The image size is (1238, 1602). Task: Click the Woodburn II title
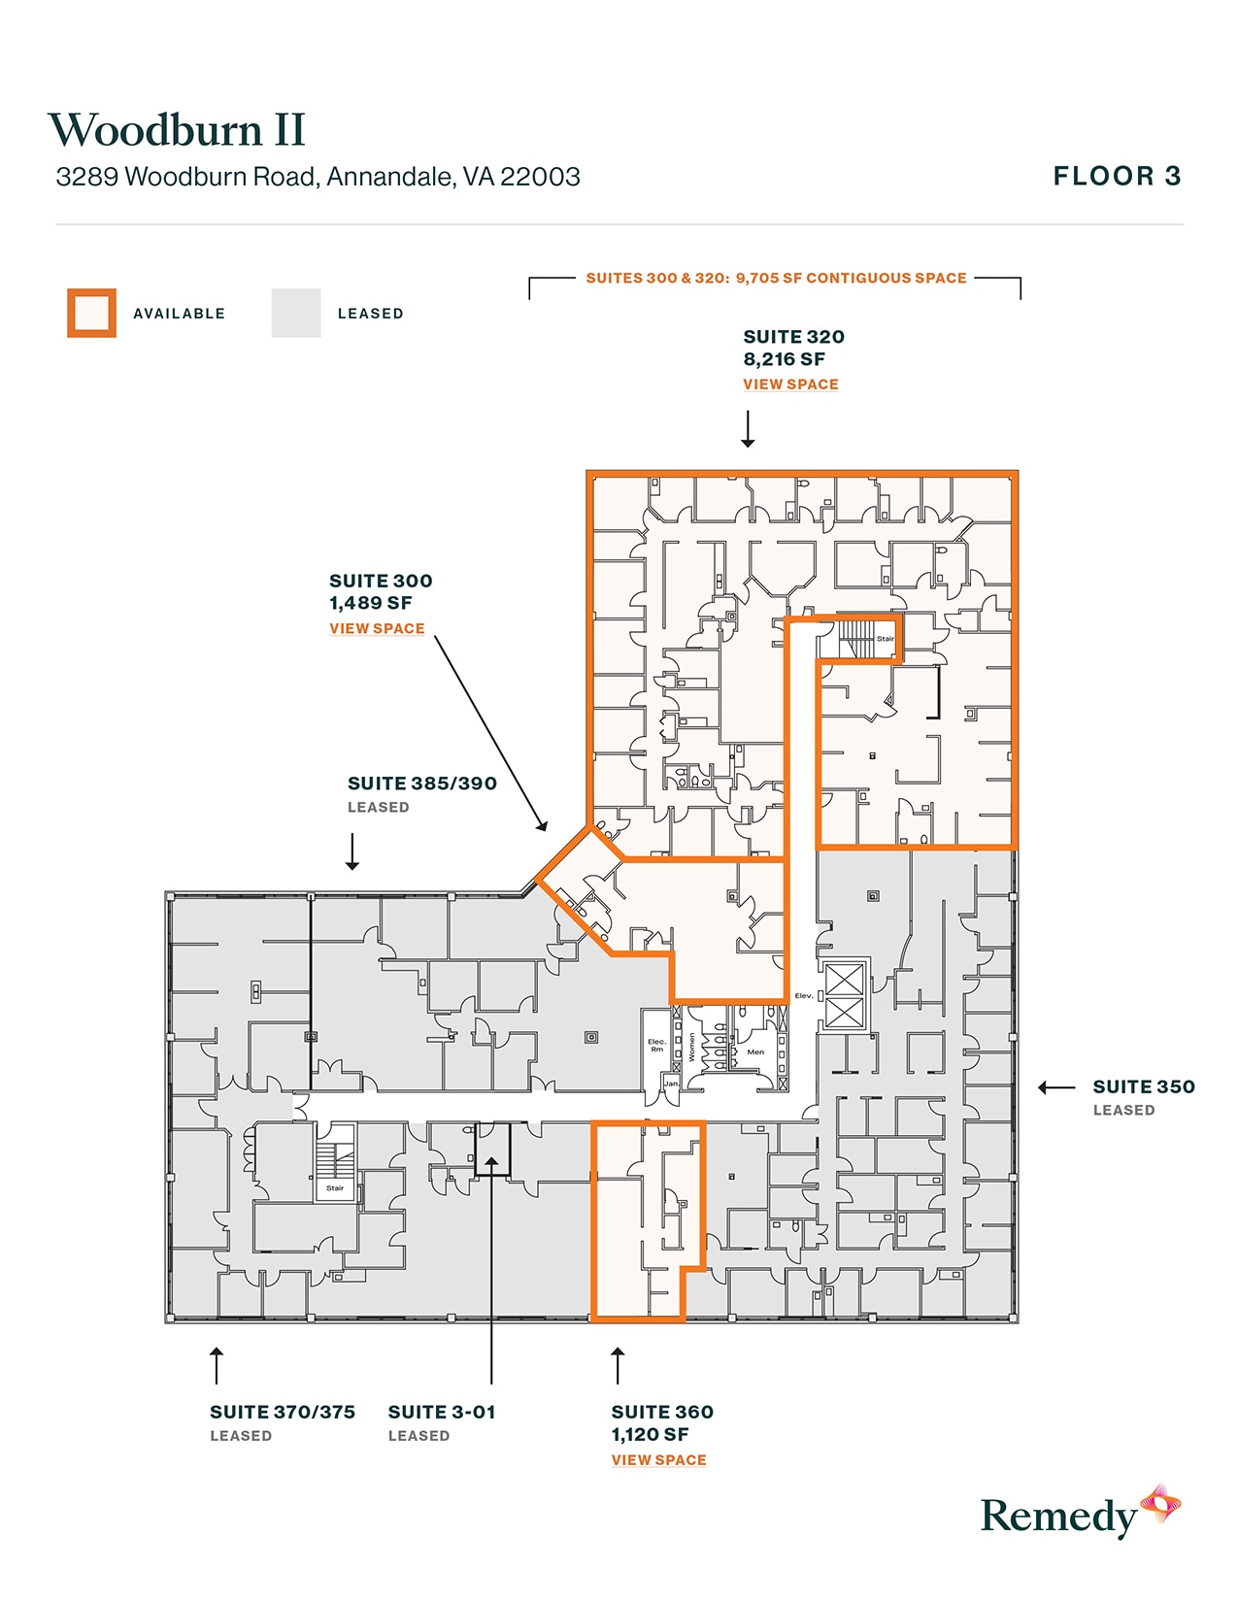tap(177, 130)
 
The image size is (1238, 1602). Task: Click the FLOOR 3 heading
tap(1117, 177)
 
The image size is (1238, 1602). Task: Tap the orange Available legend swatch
tap(91, 313)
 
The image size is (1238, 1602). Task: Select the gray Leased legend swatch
tap(296, 313)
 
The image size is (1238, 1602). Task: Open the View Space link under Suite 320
tap(790, 384)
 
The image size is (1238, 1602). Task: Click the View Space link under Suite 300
tap(377, 629)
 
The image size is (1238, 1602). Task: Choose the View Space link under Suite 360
tap(658, 1460)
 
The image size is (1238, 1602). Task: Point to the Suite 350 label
tap(1143, 1087)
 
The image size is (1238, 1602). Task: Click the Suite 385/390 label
tap(421, 784)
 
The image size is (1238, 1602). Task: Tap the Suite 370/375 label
tap(283, 1413)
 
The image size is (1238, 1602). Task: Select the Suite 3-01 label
tap(442, 1413)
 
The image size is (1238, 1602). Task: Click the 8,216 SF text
tap(784, 359)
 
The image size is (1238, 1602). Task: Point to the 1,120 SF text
tap(650, 1435)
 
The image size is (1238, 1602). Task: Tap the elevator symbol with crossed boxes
tap(844, 996)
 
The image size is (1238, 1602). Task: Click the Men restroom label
tap(755, 1051)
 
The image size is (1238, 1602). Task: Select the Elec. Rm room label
tap(657, 1045)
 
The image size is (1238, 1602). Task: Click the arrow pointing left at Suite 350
tap(1056, 1087)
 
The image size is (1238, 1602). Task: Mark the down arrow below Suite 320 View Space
tap(748, 429)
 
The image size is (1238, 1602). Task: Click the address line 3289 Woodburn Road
tap(318, 177)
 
